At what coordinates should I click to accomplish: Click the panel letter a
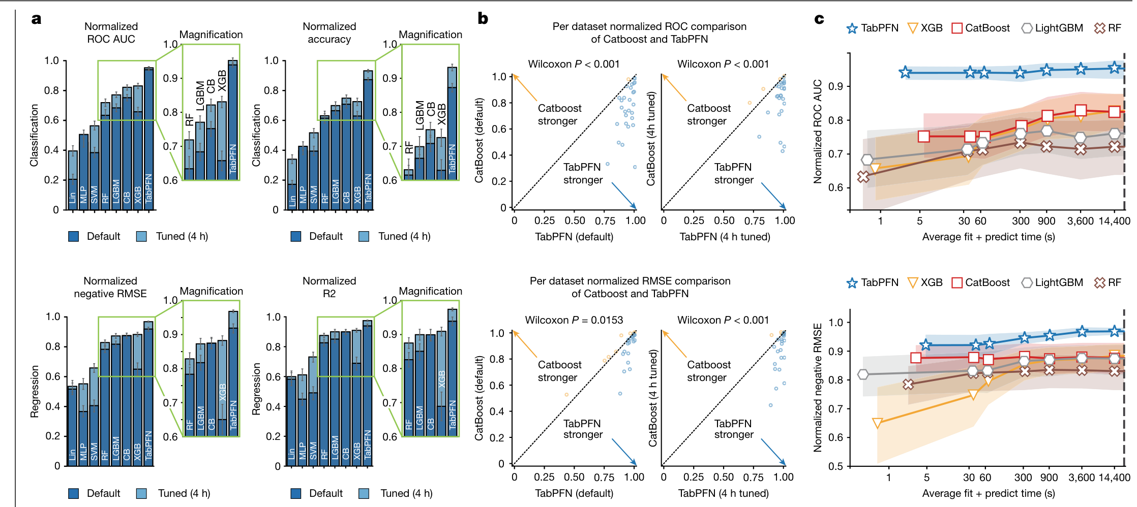tap(36, 19)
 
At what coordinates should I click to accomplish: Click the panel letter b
tap(483, 19)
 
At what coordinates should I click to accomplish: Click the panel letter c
tap(819, 19)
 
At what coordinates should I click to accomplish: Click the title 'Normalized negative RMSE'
tap(110, 287)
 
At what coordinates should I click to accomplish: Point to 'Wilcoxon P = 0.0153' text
tap(574, 320)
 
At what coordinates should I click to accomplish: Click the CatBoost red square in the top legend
tap(956, 28)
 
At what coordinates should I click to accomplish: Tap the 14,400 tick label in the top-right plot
tap(1114, 221)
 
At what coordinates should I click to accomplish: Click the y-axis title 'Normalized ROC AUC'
tap(817, 131)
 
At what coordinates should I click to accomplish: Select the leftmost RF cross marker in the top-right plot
tap(863, 177)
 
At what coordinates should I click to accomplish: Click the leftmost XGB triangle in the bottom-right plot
tap(877, 423)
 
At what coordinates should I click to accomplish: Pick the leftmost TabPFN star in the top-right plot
tap(905, 73)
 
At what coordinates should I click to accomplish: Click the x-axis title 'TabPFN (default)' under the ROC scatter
tap(574, 237)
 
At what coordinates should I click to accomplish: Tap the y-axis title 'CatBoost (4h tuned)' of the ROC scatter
tap(651, 138)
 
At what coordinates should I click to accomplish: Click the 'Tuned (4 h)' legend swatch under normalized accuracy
tap(364, 236)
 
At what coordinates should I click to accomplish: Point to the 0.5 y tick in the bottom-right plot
tap(835, 466)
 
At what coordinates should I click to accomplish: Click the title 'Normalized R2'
tap(330, 287)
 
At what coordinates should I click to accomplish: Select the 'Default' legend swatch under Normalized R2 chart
tap(296, 493)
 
